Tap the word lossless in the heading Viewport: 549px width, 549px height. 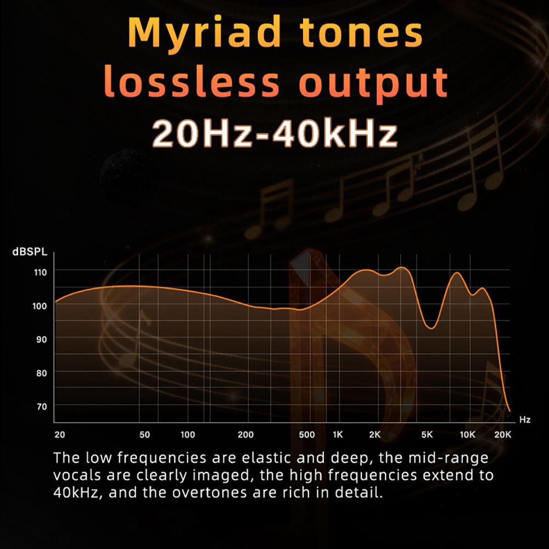click(191, 82)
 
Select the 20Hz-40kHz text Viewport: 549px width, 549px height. click(275, 133)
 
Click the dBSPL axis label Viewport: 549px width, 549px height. click(30, 252)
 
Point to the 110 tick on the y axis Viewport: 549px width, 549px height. click(40, 272)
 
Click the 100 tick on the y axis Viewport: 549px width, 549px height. click(40, 306)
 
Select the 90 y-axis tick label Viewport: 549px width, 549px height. click(41, 339)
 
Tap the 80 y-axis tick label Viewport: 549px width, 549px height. click(41, 373)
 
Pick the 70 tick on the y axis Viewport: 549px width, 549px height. click(42, 406)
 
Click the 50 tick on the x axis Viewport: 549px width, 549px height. click(144, 435)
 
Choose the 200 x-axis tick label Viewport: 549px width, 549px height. click(246, 435)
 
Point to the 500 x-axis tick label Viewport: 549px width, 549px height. click(307, 435)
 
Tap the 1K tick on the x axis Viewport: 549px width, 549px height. click(338, 435)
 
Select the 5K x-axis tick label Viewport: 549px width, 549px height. click(427, 435)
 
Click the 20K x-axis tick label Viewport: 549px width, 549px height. click(503, 435)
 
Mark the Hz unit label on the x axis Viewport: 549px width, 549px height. click(525, 419)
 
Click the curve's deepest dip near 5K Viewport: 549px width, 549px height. click(432, 328)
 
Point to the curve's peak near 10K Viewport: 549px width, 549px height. click(457, 273)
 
